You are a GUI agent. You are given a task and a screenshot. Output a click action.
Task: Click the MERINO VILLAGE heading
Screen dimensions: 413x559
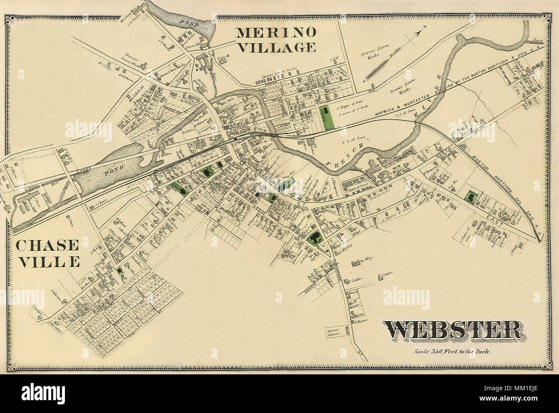coord(276,39)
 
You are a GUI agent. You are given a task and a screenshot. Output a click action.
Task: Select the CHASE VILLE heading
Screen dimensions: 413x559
coord(47,253)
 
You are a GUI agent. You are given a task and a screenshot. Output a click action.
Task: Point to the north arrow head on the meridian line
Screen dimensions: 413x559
coord(422,29)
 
